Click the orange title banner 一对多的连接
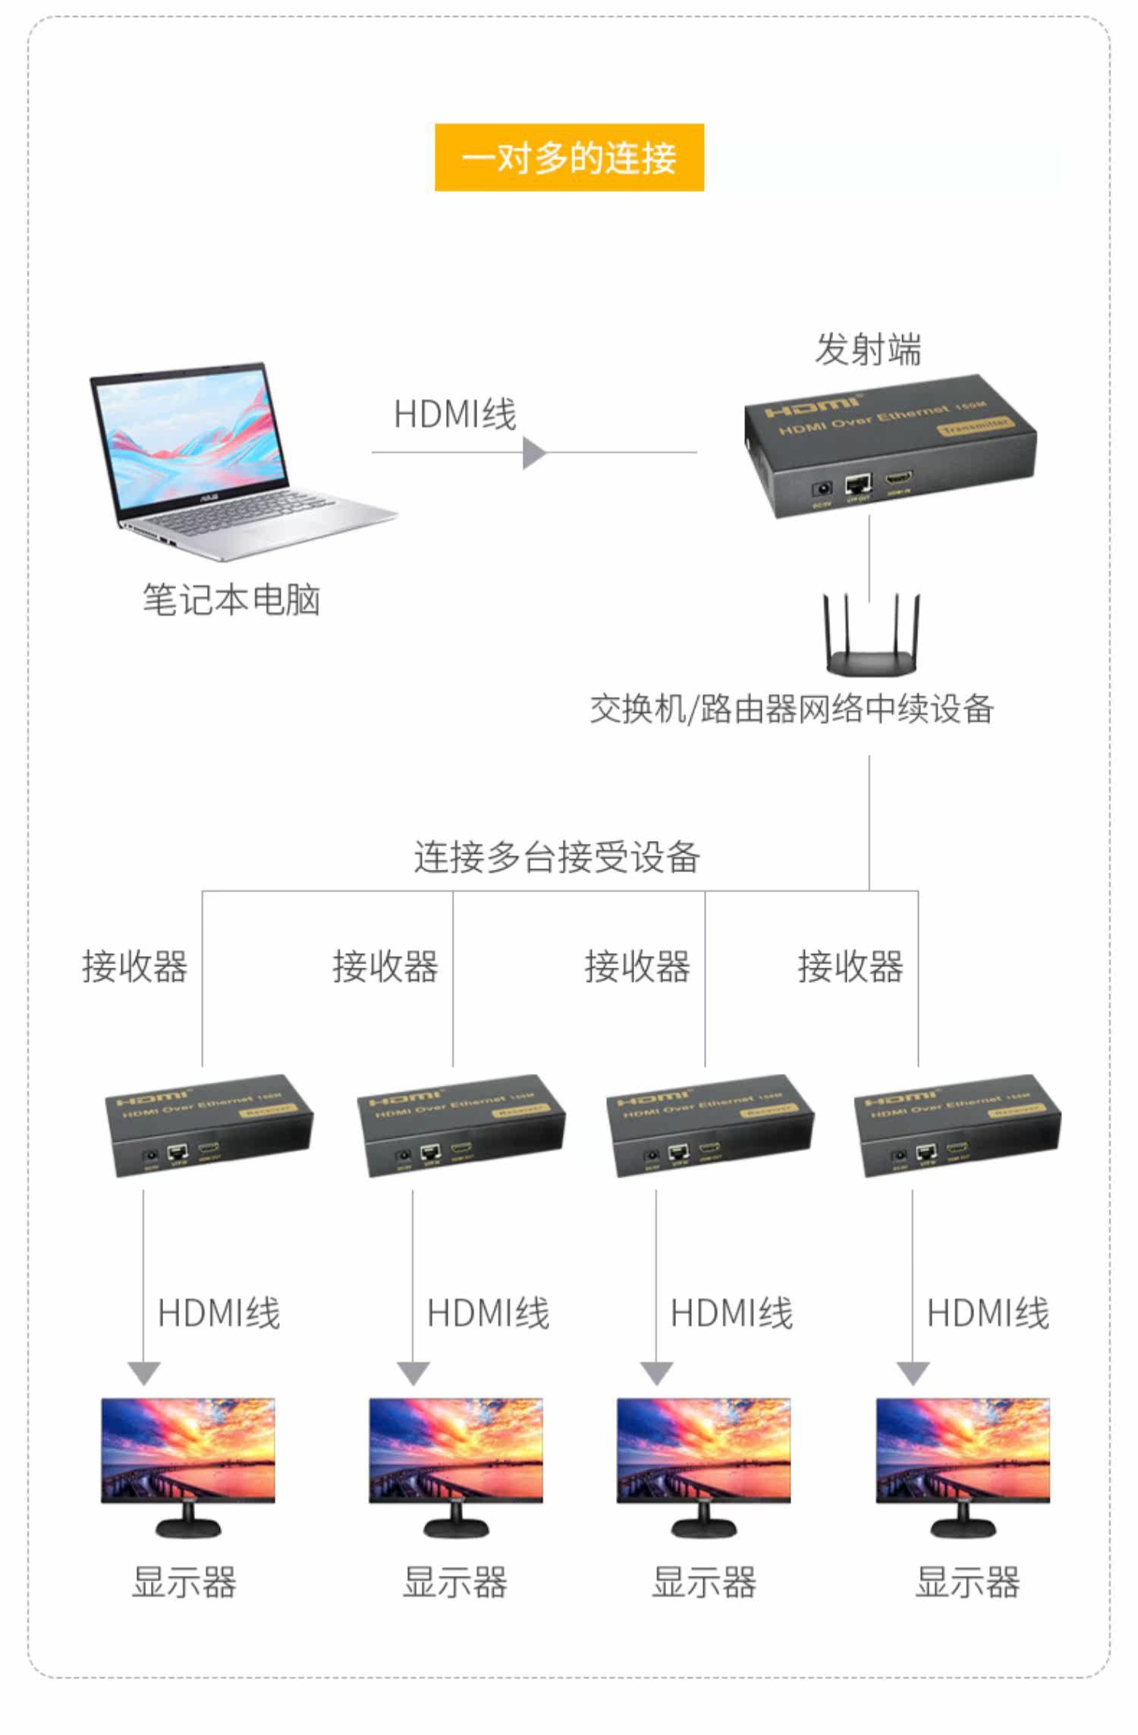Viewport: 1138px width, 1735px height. (x=569, y=158)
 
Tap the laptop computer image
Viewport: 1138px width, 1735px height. (x=228, y=463)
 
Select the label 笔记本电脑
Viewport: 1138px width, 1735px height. (x=231, y=600)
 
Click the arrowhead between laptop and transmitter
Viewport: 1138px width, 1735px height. (x=534, y=453)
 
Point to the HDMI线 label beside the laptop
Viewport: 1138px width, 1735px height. (x=454, y=415)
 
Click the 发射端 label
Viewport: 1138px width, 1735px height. (x=868, y=350)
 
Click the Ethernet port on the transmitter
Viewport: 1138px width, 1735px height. (x=858, y=483)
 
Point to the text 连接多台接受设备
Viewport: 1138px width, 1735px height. (x=556, y=858)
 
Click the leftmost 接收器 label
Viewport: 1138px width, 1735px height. (x=134, y=967)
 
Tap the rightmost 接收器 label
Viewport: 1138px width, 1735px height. (x=850, y=967)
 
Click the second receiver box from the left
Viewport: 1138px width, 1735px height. (x=461, y=1126)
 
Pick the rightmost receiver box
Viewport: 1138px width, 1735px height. (x=957, y=1126)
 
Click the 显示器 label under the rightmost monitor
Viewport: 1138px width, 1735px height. (x=967, y=1583)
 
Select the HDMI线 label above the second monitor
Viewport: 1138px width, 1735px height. (x=488, y=1313)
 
